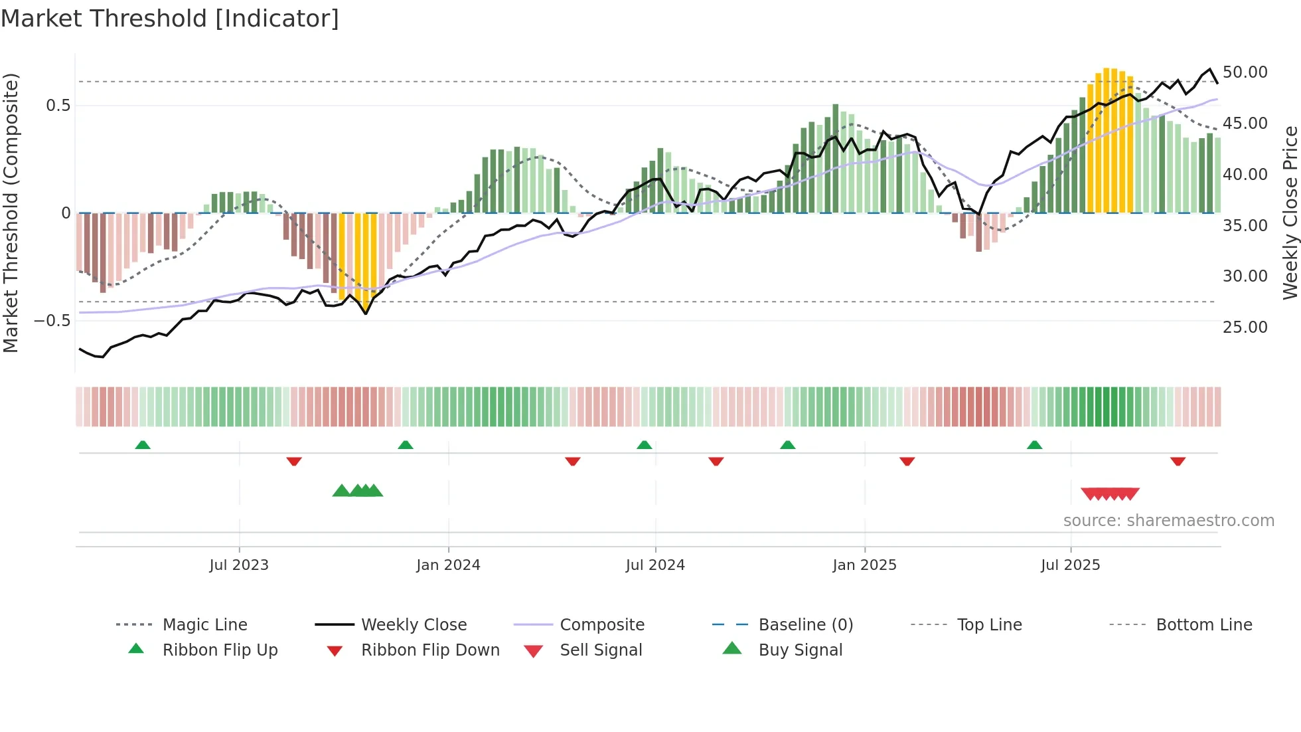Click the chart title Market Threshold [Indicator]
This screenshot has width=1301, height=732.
tap(170, 19)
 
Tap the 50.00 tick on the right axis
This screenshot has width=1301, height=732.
tap(1245, 72)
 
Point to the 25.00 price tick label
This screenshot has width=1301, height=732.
tap(1245, 327)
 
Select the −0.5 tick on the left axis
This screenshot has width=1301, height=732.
tap(52, 321)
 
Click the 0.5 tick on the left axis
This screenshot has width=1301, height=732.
tap(58, 106)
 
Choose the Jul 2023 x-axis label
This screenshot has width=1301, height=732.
tap(239, 565)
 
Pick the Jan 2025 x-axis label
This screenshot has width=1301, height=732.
tap(864, 565)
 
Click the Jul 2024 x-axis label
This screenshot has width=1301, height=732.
tap(655, 565)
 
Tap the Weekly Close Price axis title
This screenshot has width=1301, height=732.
tap(1290, 213)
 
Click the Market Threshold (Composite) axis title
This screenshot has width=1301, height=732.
tap(11, 213)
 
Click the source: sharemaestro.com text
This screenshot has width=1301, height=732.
tap(1168, 521)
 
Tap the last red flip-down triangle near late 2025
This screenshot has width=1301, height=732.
tap(1178, 461)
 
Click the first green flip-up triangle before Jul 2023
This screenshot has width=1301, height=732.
tap(143, 445)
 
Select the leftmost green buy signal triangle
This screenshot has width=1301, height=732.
tap(341, 491)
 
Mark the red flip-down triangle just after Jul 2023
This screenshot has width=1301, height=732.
tap(294, 461)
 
